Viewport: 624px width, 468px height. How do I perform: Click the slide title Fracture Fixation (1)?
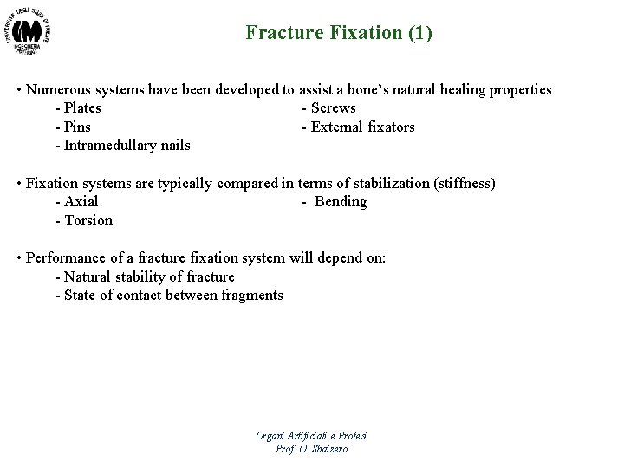(x=339, y=34)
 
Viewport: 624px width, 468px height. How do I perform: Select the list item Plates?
(x=78, y=108)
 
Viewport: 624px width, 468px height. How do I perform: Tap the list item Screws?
(x=328, y=108)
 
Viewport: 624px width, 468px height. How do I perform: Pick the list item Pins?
(x=73, y=127)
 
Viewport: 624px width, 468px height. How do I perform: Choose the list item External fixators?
(x=358, y=127)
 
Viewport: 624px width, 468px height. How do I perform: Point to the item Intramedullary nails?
(x=122, y=146)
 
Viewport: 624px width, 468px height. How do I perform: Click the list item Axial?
(x=76, y=202)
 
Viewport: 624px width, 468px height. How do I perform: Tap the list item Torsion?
(x=83, y=221)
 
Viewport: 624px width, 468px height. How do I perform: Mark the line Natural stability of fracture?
(x=144, y=277)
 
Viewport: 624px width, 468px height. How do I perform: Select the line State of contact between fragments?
(x=168, y=296)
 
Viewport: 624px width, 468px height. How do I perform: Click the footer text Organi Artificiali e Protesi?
(x=312, y=435)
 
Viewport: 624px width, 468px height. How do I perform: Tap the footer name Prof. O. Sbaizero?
(x=312, y=448)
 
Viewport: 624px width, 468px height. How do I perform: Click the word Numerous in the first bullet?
(x=59, y=90)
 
